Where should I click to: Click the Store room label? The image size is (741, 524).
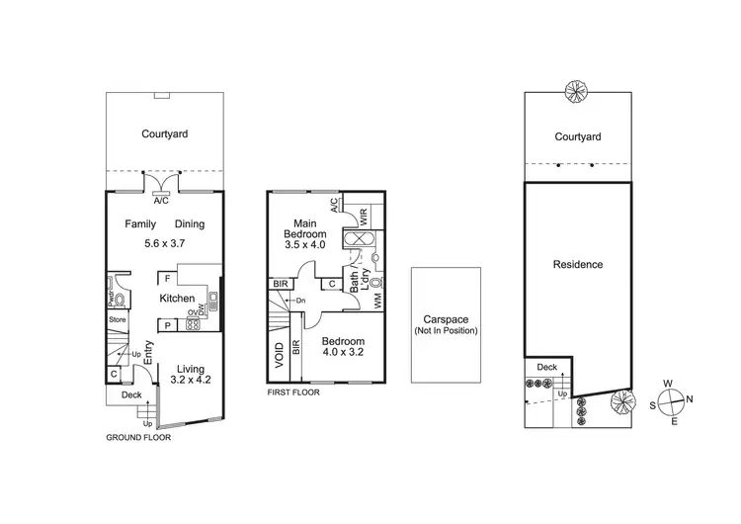118,319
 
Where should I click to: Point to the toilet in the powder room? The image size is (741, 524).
120,298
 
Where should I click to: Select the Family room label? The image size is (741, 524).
140,224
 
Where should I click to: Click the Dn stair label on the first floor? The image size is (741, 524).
301,301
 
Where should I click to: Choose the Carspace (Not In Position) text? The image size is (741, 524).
446,324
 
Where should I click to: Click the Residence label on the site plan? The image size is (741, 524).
578,265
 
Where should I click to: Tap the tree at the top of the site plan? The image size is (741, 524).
574,92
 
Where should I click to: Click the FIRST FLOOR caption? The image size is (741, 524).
293,392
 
